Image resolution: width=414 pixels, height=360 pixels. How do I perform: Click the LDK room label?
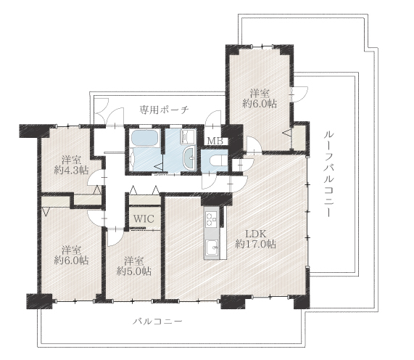coord(255,234)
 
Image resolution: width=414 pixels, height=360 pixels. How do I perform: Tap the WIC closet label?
coord(144,219)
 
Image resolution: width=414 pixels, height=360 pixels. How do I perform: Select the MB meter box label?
coord(215,141)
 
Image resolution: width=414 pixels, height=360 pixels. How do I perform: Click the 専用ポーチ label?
coord(164,110)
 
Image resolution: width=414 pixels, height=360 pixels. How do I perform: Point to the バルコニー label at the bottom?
coord(157,322)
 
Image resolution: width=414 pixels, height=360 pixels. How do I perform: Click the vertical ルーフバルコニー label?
coord(329,174)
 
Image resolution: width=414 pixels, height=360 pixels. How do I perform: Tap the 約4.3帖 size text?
coord(71,171)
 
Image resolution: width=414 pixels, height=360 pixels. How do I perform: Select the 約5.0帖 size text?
coord(134,271)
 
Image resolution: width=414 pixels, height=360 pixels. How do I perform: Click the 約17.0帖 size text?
coord(255,244)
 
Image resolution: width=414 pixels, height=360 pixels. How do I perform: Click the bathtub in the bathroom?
coord(145,138)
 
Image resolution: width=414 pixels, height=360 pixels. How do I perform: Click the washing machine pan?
coord(188,136)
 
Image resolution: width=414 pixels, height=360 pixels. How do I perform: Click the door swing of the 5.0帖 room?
coord(115,237)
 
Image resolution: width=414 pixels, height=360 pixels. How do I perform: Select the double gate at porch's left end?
coord(102,109)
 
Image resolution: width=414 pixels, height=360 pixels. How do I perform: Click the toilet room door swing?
coord(209,181)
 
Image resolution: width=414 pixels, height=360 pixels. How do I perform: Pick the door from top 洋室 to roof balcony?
coord(299,94)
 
